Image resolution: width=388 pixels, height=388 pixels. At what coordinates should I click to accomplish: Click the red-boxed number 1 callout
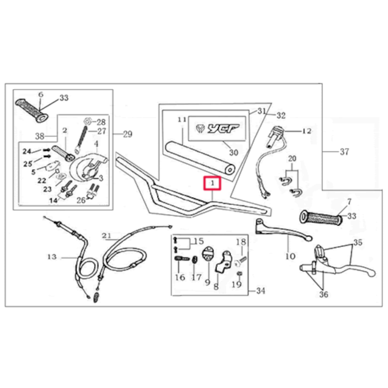(212, 183)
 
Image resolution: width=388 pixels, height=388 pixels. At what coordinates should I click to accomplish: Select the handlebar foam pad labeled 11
(201, 158)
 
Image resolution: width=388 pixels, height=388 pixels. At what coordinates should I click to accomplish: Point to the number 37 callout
(344, 152)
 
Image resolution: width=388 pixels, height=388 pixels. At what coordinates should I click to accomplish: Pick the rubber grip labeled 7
(321, 217)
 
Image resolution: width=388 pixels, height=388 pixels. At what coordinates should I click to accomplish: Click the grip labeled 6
(32, 110)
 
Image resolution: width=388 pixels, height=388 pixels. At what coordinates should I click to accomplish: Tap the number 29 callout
(127, 134)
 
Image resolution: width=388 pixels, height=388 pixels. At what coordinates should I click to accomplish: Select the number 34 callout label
(261, 291)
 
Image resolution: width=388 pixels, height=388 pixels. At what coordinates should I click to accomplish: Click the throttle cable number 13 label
(52, 257)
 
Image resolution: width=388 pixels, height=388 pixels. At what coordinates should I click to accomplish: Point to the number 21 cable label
(107, 235)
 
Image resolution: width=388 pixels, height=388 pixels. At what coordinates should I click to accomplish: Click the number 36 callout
(323, 294)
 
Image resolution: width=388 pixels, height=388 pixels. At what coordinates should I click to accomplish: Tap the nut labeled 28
(87, 121)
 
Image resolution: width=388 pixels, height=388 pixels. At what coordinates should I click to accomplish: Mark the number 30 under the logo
(233, 152)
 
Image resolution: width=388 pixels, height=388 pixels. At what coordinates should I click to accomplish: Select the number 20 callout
(292, 158)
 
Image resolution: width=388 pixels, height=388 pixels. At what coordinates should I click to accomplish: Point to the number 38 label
(39, 136)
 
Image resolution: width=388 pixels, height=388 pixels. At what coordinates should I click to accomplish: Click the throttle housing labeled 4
(89, 166)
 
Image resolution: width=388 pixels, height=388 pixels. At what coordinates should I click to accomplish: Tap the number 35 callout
(358, 242)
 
